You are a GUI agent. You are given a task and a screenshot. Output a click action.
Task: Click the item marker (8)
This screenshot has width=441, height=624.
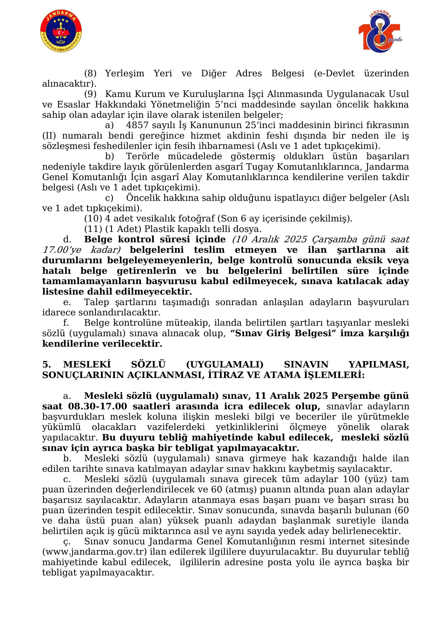click(90, 73)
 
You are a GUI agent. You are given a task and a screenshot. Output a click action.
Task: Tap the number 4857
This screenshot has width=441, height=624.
click(137, 125)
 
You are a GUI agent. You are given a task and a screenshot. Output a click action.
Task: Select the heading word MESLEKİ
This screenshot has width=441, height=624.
click(87, 365)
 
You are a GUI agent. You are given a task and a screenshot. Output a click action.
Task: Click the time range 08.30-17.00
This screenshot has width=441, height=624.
click(98, 407)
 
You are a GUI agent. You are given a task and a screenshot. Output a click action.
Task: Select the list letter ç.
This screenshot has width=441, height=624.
click(67, 542)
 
